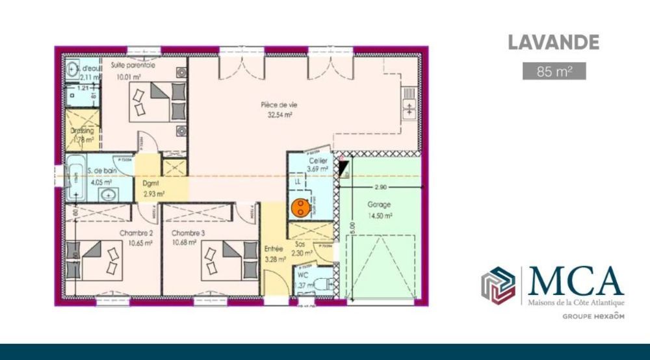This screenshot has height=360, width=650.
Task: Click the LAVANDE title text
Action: click(x=552, y=44)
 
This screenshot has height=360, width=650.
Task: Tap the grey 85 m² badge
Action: click(x=554, y=71)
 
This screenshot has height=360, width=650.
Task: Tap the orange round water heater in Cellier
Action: click(x=300, y=207)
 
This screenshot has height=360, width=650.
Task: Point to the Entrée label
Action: click(x=273, y=248)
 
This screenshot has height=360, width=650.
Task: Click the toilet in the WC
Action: click(x=326, y=281)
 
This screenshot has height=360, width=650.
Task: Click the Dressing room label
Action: click(x=82, y=131)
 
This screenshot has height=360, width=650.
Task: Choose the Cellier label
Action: click(x=317, y=161)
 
